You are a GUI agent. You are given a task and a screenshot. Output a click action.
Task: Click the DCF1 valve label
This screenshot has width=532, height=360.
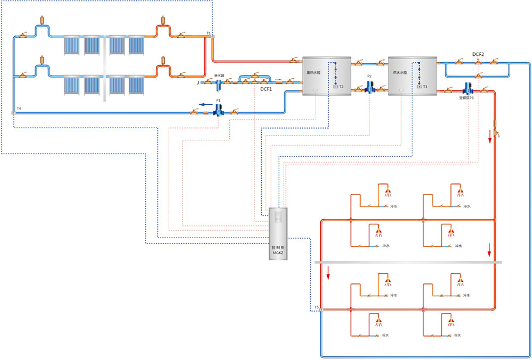coord(266,90)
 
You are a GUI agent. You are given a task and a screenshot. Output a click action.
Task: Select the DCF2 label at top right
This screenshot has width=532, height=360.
coord(478,54)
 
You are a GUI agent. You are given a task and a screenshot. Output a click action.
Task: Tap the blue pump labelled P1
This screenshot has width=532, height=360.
coord(218,110)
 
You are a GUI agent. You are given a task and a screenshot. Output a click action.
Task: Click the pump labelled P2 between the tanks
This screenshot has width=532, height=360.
coord(370,86)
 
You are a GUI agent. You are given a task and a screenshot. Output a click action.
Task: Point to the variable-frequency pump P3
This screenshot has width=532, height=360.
coord(469,88)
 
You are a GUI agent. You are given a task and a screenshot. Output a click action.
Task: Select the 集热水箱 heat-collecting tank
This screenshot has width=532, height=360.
coord(326,76)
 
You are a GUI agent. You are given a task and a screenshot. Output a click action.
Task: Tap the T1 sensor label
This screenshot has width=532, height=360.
coord(209,33)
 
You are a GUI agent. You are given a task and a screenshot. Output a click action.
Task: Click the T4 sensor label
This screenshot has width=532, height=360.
coord(19,108)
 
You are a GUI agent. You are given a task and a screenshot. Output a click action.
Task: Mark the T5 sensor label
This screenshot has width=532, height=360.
coord(316,307)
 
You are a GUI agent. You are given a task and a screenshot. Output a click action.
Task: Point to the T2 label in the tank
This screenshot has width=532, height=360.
coord(341,86)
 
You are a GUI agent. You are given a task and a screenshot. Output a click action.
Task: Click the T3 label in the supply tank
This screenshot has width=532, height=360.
coord(425,86)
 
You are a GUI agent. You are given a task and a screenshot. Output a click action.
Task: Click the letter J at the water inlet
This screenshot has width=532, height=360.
coord(198,82)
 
